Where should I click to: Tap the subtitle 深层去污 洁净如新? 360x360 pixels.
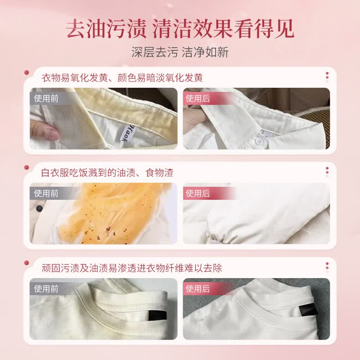click(x=180, y=52)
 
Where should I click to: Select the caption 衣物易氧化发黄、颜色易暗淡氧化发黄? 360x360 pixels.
click(x=121, y=77)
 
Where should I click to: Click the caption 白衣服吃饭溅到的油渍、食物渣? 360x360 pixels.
click(x=107, y=172)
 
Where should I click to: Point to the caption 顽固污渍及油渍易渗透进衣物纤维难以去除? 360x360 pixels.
click(x=131, y=268)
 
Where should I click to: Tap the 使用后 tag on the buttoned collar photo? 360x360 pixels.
click(x=198, y=99)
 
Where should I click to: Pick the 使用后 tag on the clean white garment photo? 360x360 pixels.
click(x=198, y=193)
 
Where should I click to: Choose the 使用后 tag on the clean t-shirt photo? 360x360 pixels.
click(x=198, y=288)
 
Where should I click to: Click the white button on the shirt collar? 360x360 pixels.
click(x=259, y=141)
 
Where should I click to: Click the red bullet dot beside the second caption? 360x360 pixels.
click(x=27, y=167)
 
